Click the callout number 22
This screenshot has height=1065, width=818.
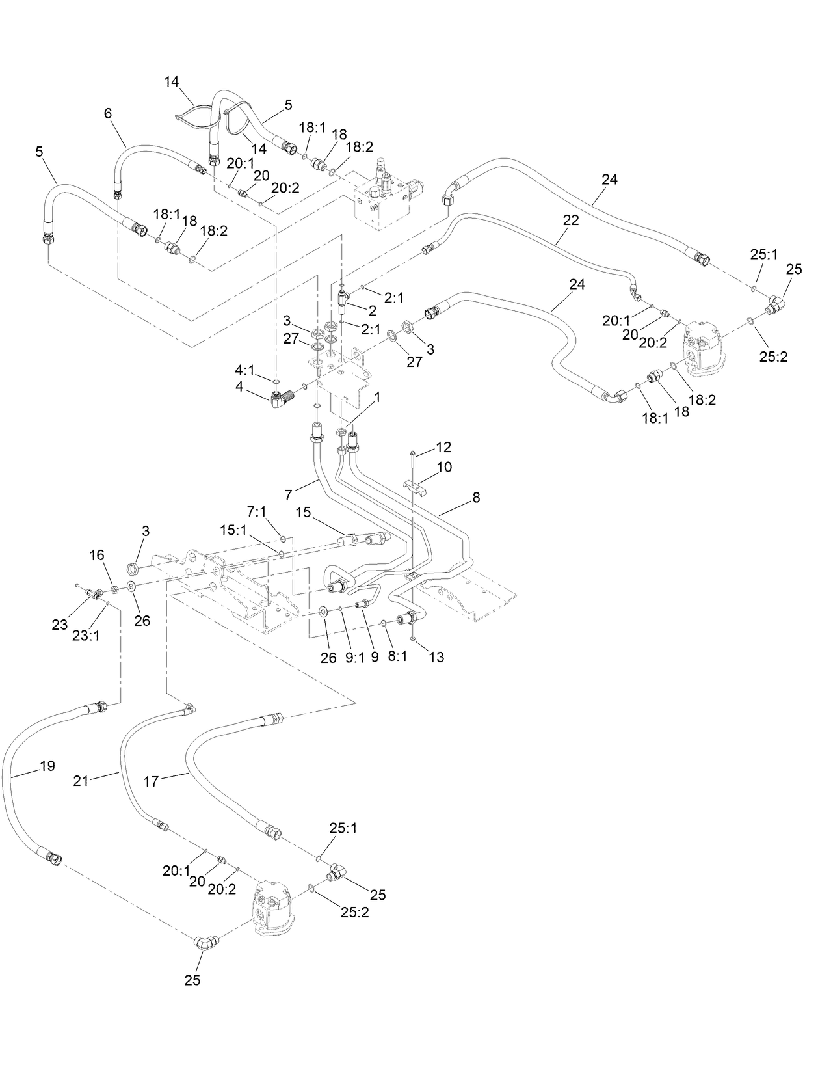coord(570,221)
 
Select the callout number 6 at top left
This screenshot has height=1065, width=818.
coord(108,113)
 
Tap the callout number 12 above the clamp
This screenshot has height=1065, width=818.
coord(443,448)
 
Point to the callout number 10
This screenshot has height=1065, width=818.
coord(444,467)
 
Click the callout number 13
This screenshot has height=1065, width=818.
coord(437,657)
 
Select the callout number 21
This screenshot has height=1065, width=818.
coord(81,781)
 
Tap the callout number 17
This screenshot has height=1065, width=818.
coord(150,781)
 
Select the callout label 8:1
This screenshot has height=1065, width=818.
coord(397,657)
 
